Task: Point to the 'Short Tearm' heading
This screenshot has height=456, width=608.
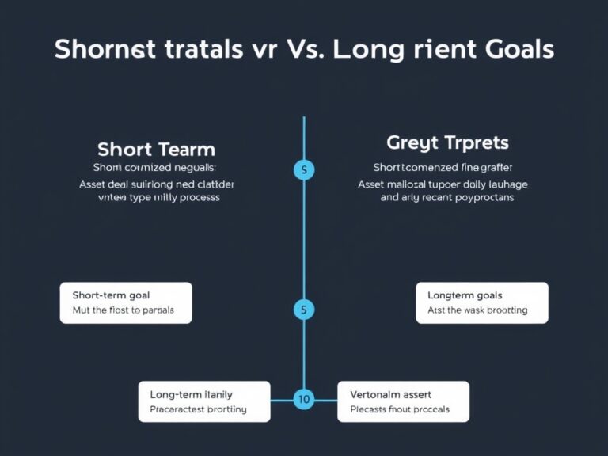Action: (156, 149)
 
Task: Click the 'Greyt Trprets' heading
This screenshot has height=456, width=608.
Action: (447, 143)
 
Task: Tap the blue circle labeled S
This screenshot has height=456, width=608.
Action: (304, 169)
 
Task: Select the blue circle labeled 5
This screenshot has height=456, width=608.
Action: (304, 310)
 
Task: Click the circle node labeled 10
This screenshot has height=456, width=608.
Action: (303, 400)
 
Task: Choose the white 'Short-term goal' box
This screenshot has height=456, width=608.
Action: (126, 302)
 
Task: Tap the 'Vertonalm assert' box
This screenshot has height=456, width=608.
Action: (404, 401)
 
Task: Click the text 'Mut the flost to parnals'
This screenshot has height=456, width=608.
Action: (123, 310)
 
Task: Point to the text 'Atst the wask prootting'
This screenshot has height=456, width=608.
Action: (477, 310)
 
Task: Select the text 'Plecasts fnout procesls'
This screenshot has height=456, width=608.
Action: (399, 409)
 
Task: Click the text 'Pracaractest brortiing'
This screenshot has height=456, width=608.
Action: (198, 409)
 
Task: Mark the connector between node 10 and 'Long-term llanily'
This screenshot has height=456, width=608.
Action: (282, 400)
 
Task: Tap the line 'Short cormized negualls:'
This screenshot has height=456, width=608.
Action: (154, 168)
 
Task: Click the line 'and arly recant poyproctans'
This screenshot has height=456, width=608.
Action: (447, 198)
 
